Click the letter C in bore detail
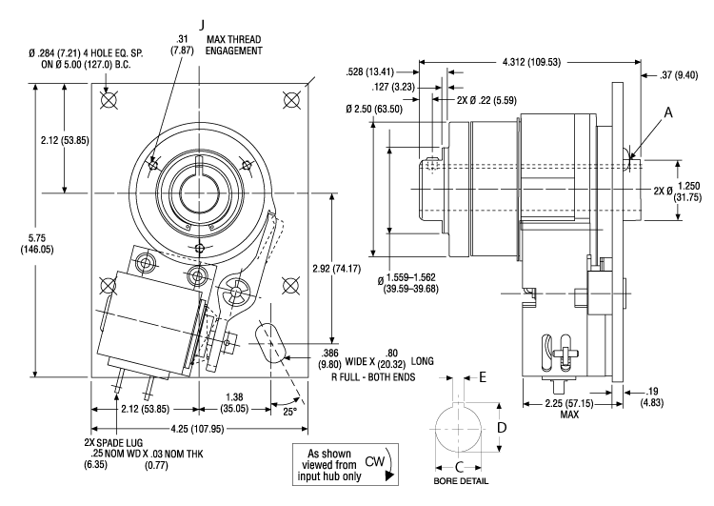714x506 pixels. click(462, 467)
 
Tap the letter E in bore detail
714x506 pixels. click(483, 377)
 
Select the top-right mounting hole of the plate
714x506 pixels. click(287, 98)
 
